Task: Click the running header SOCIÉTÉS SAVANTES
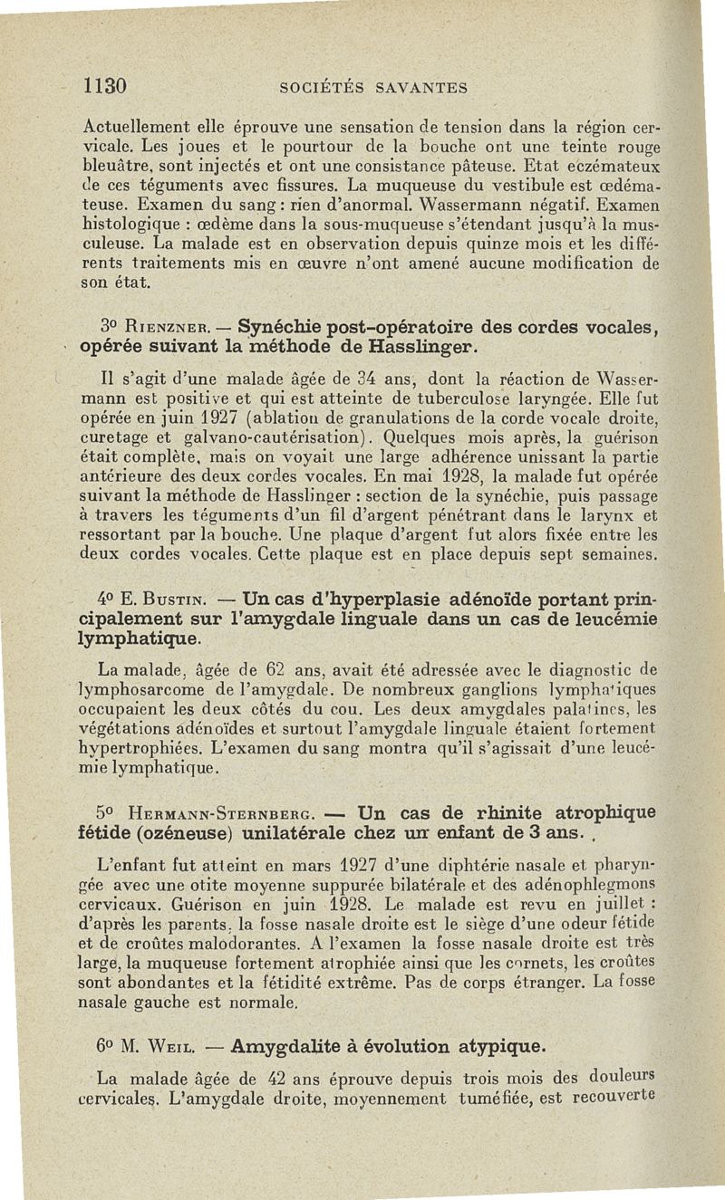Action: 374,88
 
